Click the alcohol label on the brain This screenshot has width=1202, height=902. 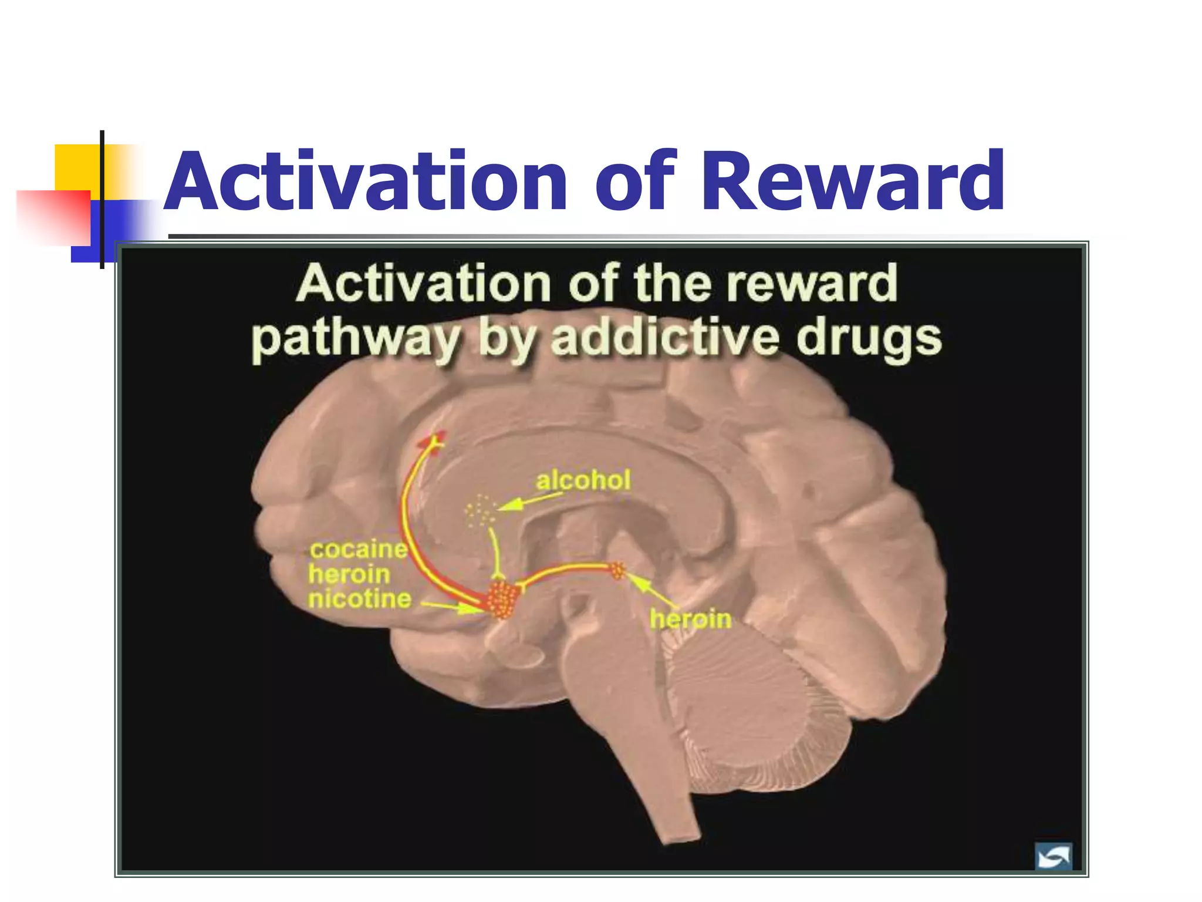[583, 480]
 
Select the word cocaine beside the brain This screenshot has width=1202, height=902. [359, 549]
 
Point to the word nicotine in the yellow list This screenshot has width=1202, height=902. [360, 599]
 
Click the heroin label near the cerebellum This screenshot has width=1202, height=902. [690, 619]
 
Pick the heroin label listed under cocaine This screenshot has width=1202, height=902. [349, 574]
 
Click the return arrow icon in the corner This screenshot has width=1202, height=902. [1053, 857]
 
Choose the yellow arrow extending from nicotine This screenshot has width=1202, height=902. [452, 607]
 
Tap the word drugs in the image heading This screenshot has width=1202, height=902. [869, 339]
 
